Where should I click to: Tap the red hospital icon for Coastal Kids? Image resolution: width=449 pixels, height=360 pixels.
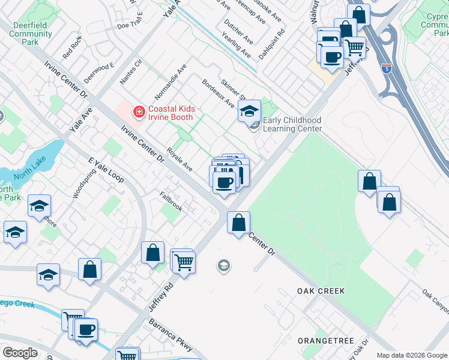pos(139,112)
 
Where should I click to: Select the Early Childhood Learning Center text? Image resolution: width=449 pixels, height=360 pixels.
pos(292,125)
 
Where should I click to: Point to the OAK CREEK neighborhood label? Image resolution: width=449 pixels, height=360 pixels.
pos(321,291)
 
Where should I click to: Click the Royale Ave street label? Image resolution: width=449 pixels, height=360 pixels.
pos(179,160)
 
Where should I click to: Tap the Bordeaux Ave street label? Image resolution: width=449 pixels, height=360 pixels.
pos(218,94)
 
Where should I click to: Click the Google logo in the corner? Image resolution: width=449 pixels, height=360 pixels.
pos(20,353)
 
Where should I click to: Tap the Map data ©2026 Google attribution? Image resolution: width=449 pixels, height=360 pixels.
pos(412,355)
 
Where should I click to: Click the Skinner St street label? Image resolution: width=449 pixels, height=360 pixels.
pos(234,90)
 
